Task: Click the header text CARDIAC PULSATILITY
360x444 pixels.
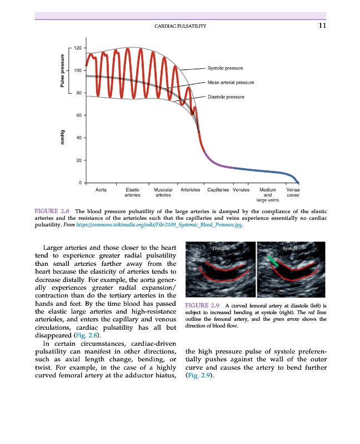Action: click(180, 26)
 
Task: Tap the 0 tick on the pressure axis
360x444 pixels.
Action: click(79, 183)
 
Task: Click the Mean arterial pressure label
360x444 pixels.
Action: click(230, 82)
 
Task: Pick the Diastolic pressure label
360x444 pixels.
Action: click(226, 97)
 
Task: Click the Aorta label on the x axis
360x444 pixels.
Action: click(101, 190)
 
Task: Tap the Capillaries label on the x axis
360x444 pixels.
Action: click(218, 190)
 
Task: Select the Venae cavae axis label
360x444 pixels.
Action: click(293, 193)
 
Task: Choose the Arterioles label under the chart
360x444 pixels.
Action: click(191, 190)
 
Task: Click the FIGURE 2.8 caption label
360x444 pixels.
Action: click(52, 211)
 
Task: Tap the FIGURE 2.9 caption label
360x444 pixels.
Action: click(203, 305)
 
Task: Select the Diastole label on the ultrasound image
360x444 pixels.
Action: click(221, 248)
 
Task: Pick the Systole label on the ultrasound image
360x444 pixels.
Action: click(291, 248)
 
